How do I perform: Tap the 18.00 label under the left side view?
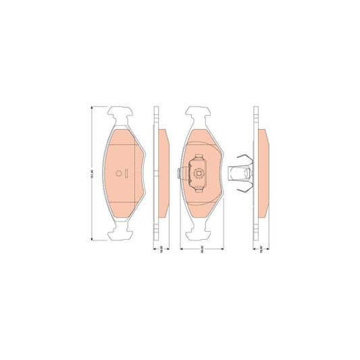161,249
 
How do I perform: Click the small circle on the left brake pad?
119,173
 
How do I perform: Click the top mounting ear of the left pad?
123,115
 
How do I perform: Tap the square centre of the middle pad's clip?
200,174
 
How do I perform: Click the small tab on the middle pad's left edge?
177,174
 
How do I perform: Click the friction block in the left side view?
163,174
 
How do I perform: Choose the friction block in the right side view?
262,174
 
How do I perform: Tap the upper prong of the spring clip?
247,159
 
